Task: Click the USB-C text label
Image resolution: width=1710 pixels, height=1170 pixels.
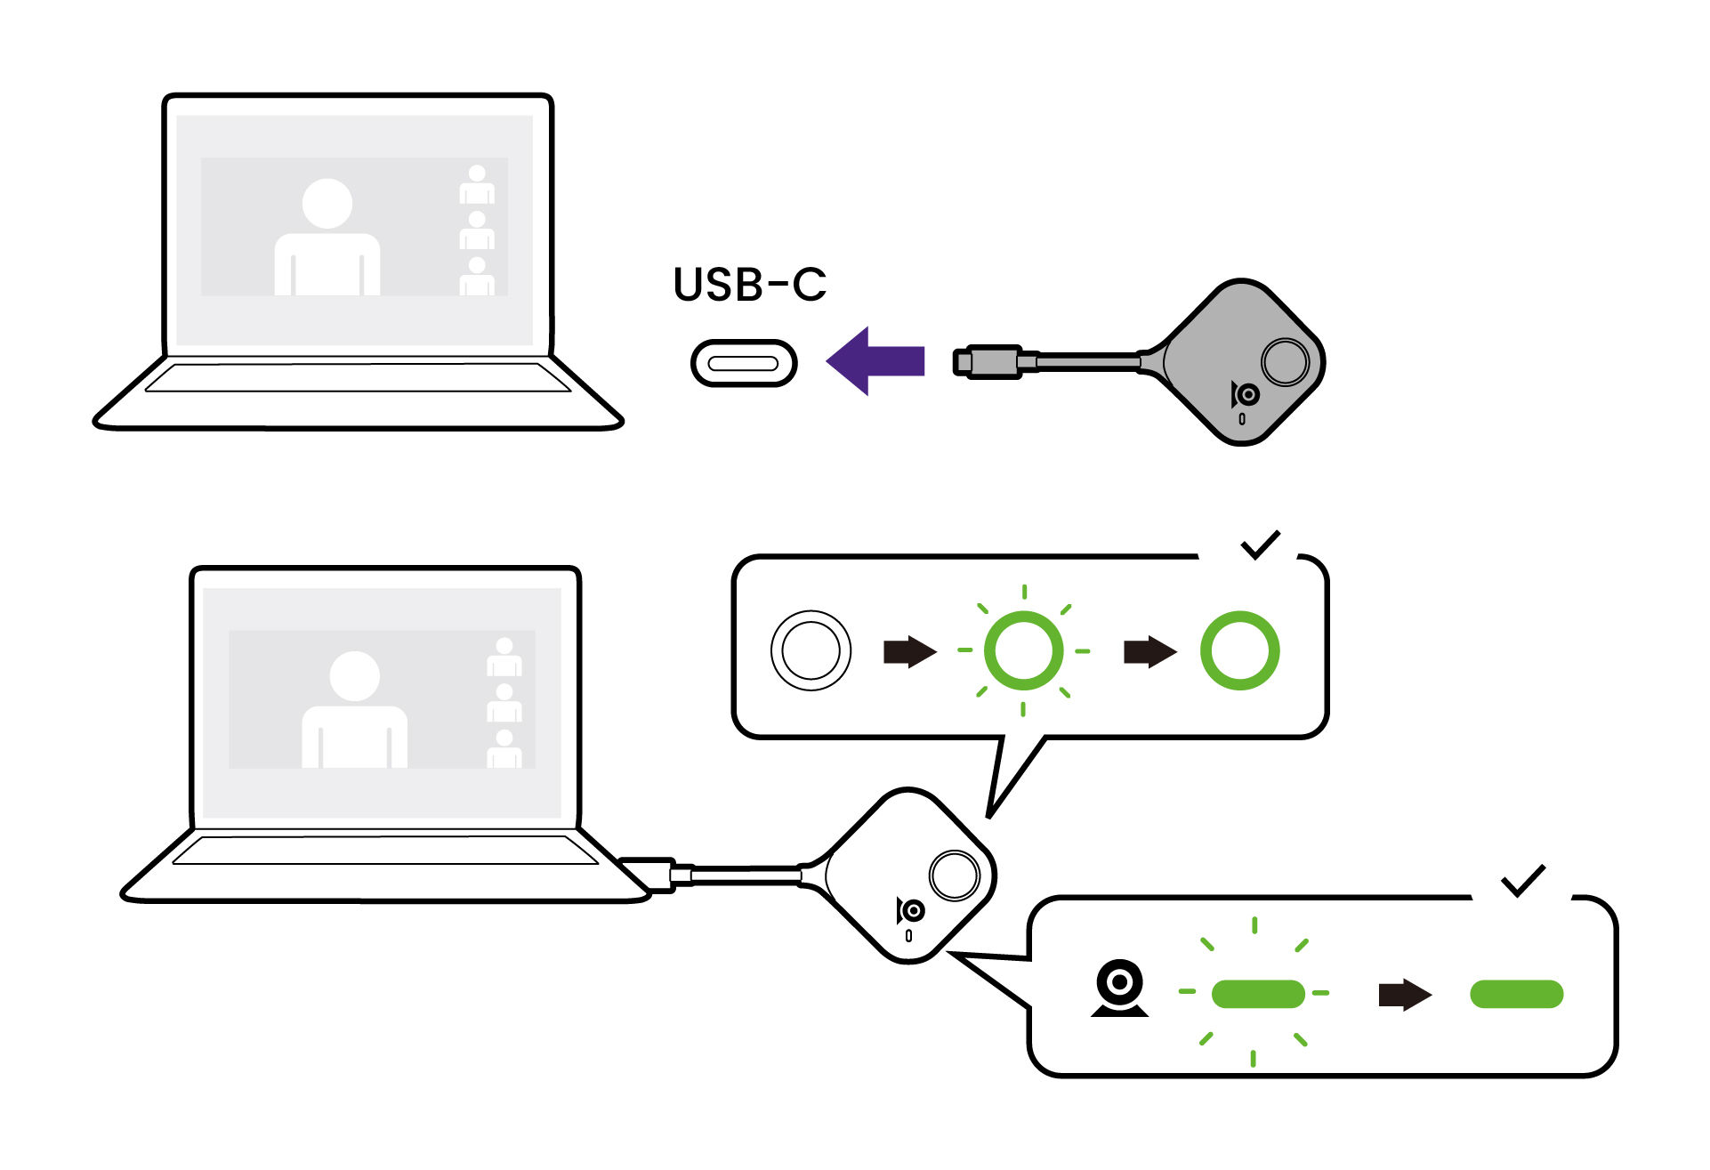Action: pos(749,285)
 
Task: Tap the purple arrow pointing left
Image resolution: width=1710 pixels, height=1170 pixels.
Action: pos(875,361)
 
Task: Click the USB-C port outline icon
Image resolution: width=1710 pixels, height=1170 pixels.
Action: pos(743,363)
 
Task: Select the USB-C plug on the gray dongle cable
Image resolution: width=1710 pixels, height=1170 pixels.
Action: pos(989,361)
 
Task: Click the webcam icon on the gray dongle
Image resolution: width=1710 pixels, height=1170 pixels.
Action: pos(1246,394)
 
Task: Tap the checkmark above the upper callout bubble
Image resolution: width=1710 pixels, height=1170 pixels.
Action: pos(1260,545)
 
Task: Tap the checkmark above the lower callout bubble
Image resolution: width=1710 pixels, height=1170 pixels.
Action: pos(1523,880)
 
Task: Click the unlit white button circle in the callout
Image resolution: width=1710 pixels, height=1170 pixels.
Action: pos(810,650)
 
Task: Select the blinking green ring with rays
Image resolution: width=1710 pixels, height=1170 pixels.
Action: pos(1023,650)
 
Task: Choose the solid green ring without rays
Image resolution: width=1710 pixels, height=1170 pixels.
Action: pos(1239,650)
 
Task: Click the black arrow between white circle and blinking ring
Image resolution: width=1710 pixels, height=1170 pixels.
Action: pos(909,651)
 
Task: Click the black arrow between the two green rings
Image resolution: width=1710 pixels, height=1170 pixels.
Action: pos(1149,651)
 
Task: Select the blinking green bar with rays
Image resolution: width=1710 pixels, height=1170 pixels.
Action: pos(1257,993)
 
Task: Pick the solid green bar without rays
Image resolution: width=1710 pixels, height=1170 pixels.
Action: pos(1516,994)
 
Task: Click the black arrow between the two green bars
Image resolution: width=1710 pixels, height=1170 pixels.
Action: pos(1404,995)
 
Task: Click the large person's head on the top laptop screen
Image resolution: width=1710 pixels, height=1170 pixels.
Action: pos(327,204)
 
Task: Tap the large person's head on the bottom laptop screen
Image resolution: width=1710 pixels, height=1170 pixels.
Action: pos(354,676)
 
